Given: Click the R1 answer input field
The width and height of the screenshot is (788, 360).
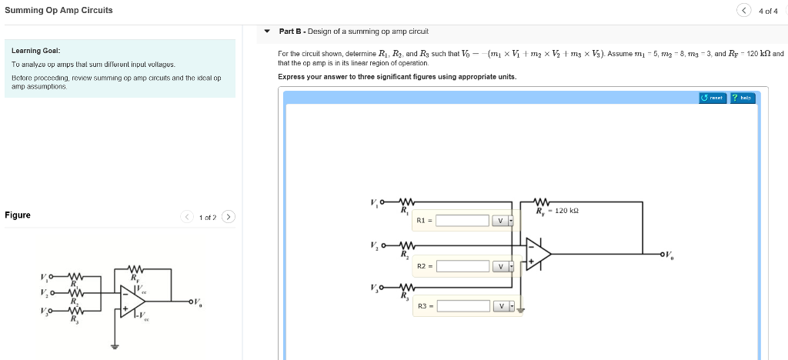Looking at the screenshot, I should click(x=462, y=221).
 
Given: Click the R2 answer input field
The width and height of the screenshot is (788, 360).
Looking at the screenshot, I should click(x=462, y=266).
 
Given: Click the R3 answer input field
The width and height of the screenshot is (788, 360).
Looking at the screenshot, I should click(x=462, y=305).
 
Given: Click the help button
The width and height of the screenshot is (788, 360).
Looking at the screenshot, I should click(x=743, y=98).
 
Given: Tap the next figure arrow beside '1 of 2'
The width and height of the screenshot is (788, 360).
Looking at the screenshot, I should click(x=229, y=216).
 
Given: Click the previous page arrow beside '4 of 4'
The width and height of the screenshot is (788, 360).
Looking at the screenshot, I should click(x=744, y=10).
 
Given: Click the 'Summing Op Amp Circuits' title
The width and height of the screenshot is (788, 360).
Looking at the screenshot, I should click(x=58, y=10).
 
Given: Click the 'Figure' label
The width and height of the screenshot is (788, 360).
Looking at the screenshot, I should click(x=18, y=215).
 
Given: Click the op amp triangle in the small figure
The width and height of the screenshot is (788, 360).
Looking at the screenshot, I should click(x=130, y=299).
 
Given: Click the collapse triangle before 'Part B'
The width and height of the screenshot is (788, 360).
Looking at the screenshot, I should click(x=267, y=32).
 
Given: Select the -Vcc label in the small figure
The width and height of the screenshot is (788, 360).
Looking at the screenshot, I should click(x=143, y=317).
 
